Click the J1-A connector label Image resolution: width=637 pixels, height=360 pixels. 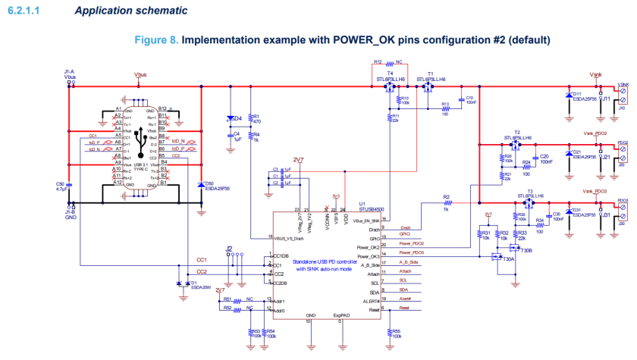[x=70, y=71]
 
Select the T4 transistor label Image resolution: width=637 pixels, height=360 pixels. [x=390, y=74]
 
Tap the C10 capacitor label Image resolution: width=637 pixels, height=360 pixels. [x=470, y=98]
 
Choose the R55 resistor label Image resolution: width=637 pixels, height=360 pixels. [x=396, y=331]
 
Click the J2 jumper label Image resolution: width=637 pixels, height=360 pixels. [x=229, y=248]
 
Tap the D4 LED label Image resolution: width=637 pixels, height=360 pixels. [x=237, y=118]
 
